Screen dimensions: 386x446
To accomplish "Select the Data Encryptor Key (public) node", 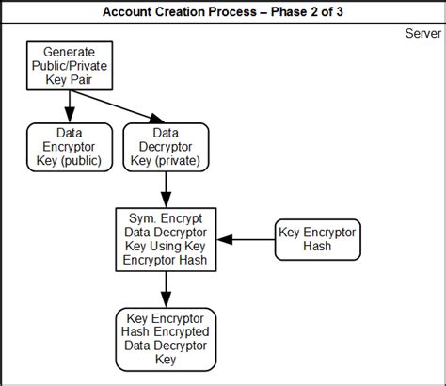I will (69, 148).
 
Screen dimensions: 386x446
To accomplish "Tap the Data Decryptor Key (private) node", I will (166, 148).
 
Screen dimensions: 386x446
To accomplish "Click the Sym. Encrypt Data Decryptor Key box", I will (166, 239).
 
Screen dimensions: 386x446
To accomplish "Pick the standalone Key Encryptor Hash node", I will (316, 239).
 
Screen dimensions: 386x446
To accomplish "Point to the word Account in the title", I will (150, 11).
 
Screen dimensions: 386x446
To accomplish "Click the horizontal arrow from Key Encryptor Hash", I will (252, 239).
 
